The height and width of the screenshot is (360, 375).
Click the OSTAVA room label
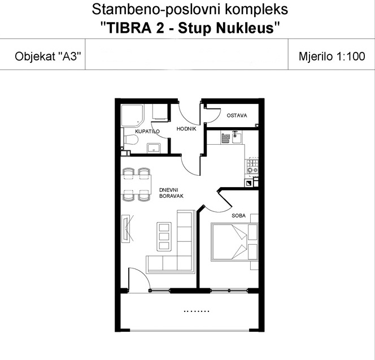(x=237, y=116)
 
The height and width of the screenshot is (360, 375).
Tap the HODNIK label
(x=186, y=129)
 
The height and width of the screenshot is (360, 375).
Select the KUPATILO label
(x=147, y=132)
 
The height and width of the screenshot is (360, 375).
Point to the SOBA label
(x=238, y=216)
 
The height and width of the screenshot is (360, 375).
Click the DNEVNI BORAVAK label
(x=171, y=193)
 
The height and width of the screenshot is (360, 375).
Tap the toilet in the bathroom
(x=130, y=140)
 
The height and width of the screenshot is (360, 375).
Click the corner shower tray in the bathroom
(x=133, y=116)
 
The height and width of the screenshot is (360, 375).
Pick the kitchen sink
(x=236, y=137)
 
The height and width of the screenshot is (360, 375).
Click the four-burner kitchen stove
(x=252, y=166)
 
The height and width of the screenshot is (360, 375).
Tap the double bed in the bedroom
(x=234, y=242)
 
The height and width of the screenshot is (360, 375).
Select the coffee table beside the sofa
(x=164, y=236)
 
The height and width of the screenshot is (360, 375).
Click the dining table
(x=136, y=184)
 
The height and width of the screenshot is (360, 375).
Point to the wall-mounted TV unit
(x=125, y=229)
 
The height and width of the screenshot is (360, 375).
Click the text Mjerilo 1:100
(x=332, y=57)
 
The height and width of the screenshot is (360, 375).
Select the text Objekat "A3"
(x=48, y=57)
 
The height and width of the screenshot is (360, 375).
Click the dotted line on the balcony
(x=197, y=311)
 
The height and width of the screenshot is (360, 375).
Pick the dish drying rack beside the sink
(x=225, y=138)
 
